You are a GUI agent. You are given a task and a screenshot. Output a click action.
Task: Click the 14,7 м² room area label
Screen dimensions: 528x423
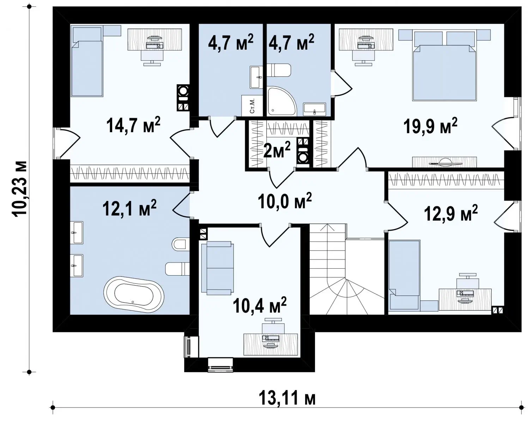tap(133, 125)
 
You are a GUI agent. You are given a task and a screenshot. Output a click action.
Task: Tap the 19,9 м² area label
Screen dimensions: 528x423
tap(430, 126)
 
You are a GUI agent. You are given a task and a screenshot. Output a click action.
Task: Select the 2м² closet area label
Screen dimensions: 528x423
tap(277, 149)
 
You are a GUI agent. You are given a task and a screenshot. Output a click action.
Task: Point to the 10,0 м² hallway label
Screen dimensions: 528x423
tap(285, 201)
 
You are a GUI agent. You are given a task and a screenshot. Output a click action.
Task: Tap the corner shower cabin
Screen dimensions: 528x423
tap(282, 101)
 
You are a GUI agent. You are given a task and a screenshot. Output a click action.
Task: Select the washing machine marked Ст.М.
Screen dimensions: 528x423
tap(252, 106)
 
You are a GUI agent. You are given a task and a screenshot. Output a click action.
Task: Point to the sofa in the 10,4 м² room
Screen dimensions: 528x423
tap(217, 268)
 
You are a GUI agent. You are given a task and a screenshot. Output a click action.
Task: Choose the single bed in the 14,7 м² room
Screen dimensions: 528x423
tap(87, 61)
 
